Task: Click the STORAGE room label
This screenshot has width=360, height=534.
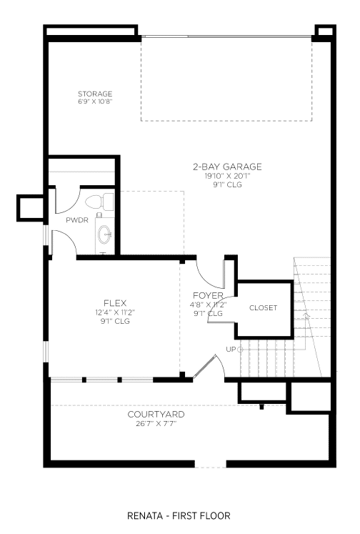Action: pos(95,94)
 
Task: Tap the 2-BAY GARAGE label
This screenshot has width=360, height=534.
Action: pos(227,167)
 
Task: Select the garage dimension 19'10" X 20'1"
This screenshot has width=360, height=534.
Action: pos(227,176)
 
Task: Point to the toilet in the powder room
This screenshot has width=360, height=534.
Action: pos(99,202)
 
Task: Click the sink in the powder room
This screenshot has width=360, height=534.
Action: pos(104,234)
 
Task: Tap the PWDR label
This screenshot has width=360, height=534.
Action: pos(77,220)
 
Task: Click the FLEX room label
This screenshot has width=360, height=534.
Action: pos(115,303)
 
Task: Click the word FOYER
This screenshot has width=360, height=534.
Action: pos(208,295)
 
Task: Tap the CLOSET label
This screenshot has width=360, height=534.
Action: pos(263,308)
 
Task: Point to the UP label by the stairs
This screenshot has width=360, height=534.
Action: pos(231,349)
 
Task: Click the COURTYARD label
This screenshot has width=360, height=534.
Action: pos(156,415)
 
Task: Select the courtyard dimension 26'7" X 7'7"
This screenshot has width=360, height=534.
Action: pos(156,424)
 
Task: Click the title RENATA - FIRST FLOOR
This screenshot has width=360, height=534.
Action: pos(179,515)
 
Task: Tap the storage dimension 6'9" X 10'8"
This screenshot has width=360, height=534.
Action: pos(95,102)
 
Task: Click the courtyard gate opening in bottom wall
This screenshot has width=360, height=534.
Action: pos(210,464)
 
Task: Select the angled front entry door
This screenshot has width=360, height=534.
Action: pos(204,367)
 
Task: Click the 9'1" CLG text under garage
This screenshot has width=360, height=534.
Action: pos(227,184)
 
